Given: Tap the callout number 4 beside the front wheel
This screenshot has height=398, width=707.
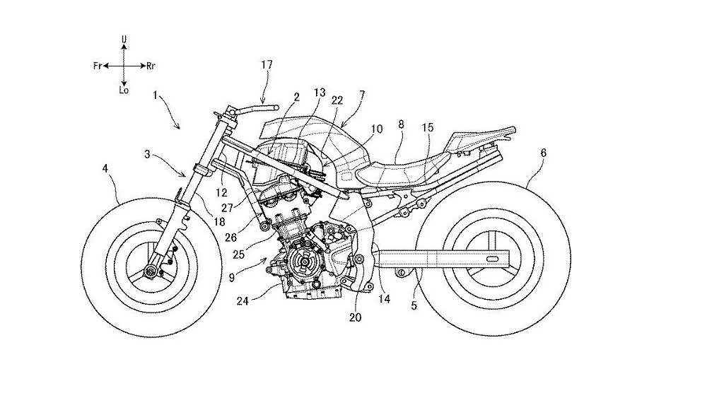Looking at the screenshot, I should [106, 168].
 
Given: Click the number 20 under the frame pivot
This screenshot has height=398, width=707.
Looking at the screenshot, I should [355, 318].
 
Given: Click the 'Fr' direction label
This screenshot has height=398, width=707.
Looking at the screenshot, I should [98, 66].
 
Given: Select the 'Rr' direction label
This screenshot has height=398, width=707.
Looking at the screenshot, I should [151, 66].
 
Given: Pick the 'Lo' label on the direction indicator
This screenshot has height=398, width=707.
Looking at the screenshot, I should [124, 90].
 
